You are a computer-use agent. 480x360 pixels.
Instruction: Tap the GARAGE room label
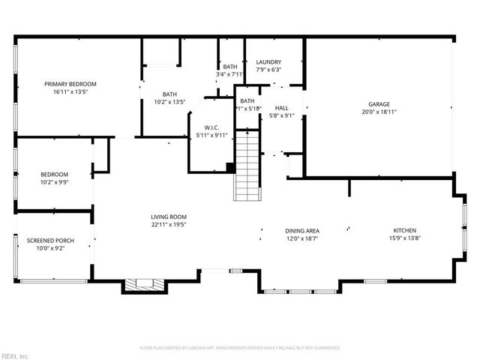(379, 104)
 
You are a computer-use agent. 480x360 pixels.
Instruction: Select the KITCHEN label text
(405, 230)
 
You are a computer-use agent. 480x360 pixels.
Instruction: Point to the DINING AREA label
(302, 230)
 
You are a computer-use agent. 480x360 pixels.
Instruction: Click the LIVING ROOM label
(168, 216)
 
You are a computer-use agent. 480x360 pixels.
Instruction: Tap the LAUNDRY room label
(268, 62)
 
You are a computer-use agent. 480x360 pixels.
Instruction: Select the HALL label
(281, 108)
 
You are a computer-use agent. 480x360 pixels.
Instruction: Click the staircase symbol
(247, 165)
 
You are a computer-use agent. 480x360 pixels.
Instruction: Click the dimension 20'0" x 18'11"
(379, 112)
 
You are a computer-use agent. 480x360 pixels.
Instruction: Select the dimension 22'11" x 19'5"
(168, 223)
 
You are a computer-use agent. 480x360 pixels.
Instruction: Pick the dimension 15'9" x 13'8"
(405, 238)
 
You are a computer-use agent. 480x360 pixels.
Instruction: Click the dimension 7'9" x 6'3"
(268, 70)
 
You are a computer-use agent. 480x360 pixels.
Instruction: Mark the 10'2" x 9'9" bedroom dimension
(54, 181)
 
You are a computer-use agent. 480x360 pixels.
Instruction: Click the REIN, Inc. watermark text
(14, 355)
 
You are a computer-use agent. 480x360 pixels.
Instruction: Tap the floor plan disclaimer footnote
(240, 347)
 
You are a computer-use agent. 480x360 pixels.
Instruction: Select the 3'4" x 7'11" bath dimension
(229, 74)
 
